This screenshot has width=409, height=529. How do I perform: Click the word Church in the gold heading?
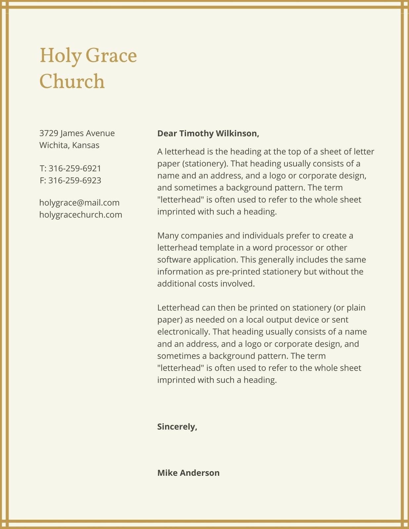[72, 81]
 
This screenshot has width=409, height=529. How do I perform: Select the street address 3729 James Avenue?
[77, 133]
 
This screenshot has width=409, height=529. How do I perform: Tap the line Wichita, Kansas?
[69, 145]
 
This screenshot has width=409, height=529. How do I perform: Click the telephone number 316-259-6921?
[75, 169]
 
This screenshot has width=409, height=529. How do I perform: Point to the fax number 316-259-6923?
[75, 181]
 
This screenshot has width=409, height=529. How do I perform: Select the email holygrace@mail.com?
[79, 203]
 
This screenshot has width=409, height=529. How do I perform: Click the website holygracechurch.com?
[80, 215]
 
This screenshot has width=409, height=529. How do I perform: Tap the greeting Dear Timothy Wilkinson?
[208, 134]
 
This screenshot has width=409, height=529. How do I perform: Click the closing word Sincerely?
[177, 427]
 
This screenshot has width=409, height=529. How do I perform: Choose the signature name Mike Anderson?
[188, 473]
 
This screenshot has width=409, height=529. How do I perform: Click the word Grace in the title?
[111, 56]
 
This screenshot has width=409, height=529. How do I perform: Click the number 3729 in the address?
[49, 133]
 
